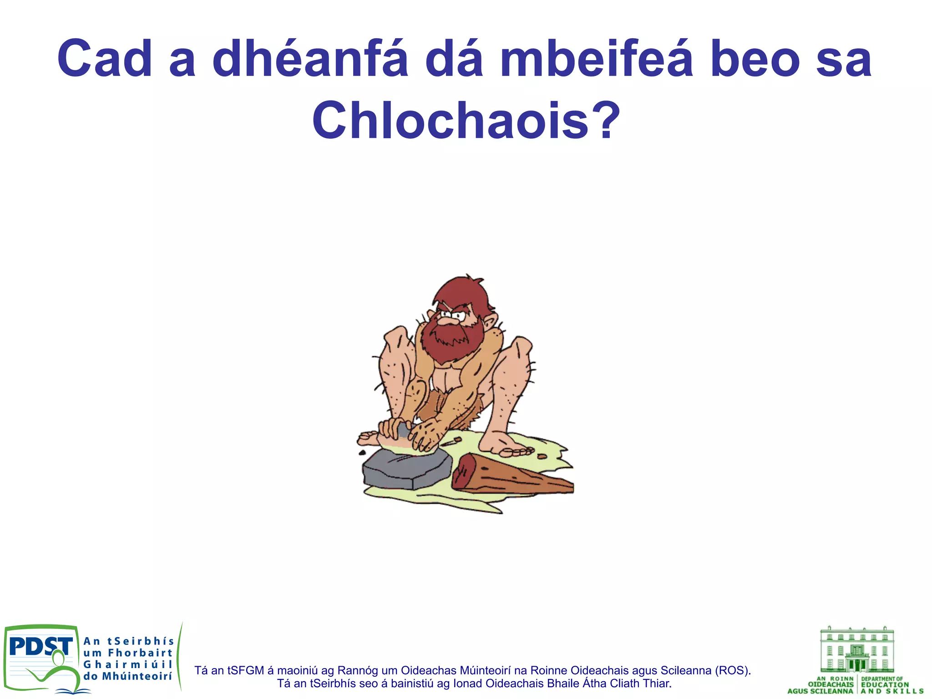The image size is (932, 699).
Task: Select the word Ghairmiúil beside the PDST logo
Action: click(127, 664)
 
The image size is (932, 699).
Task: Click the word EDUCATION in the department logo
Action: click(885, 684)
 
